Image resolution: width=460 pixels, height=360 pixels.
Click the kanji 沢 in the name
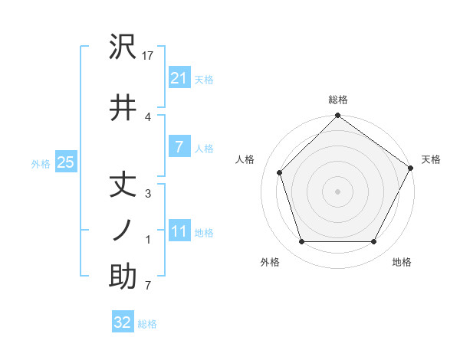click(123, 47)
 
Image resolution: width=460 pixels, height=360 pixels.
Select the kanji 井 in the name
click(123, 109)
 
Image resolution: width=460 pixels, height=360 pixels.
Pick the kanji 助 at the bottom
click(123, 278)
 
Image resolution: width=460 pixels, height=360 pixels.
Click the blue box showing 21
click(179, 78)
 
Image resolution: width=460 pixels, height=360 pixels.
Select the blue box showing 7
click(179, 147)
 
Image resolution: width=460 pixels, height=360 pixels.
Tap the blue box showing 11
click(179, 231)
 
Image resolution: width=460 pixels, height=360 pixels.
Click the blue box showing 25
click(65, 162)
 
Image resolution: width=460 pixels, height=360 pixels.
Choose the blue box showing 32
click(123, 322)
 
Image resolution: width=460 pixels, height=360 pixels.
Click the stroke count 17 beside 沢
click(149, 56)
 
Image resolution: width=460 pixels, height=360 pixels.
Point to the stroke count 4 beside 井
click(148, 116)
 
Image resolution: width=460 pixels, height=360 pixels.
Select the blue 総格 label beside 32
click(147, 324)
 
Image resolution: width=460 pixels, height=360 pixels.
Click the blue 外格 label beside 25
click(41, 163)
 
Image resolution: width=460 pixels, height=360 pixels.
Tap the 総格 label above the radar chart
click(338, 100)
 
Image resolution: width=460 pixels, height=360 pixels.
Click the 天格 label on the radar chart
click(431, 159)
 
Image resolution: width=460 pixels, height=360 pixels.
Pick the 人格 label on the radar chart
click(245, 159)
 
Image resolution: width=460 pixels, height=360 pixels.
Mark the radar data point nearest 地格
click(374, 242)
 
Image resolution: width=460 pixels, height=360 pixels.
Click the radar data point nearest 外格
click(301, 242)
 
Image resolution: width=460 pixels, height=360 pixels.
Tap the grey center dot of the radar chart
click(337, 191)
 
